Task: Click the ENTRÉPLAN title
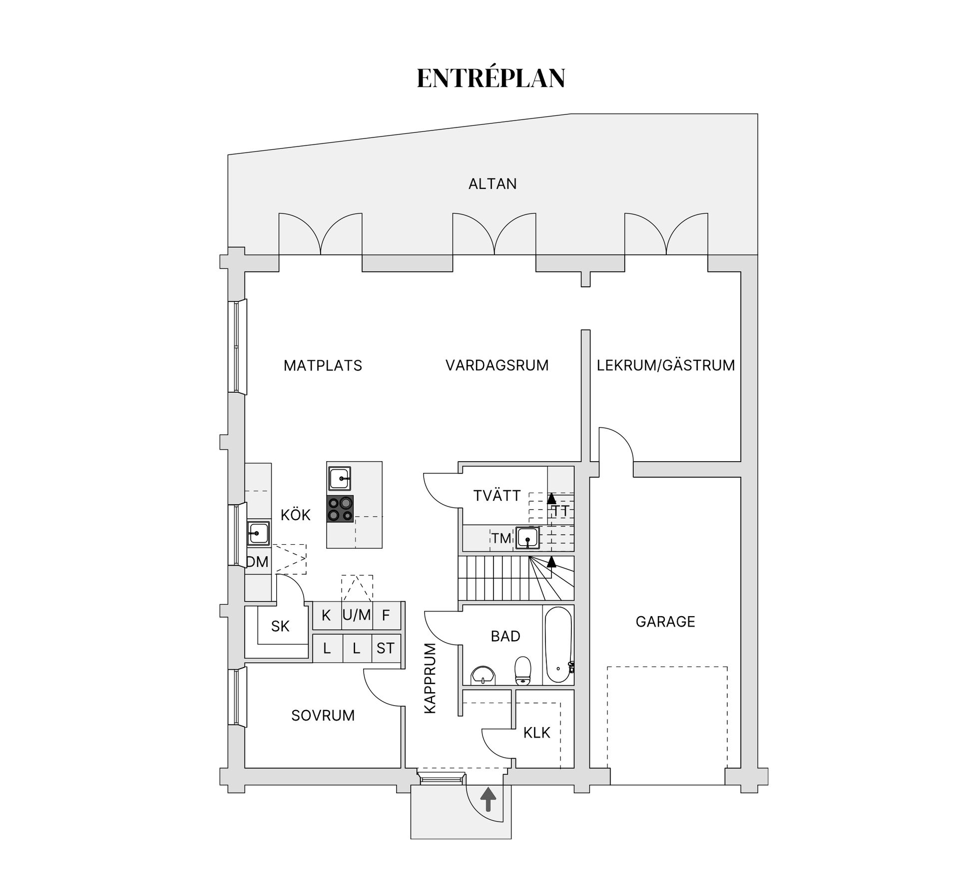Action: point(491,77)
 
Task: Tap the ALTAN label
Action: point(492,184)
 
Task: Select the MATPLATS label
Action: point(323,366)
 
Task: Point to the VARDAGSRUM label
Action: point(497,365)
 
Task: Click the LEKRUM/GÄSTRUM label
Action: point(666,365)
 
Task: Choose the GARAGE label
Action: point(665,622)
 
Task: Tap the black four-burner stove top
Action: point(340,509)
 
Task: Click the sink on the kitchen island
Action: point(340,479)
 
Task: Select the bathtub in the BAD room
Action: point(558,645)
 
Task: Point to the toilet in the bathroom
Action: point(522,671)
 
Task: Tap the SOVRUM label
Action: point(323,716)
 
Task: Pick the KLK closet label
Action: point(536,733)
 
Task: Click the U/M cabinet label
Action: point(357,615)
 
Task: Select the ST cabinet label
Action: point(385,648)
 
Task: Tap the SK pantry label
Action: point(280,626)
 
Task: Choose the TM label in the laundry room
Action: point(501,538)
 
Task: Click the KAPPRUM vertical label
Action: point(430,678)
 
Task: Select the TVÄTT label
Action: point(497,496)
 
